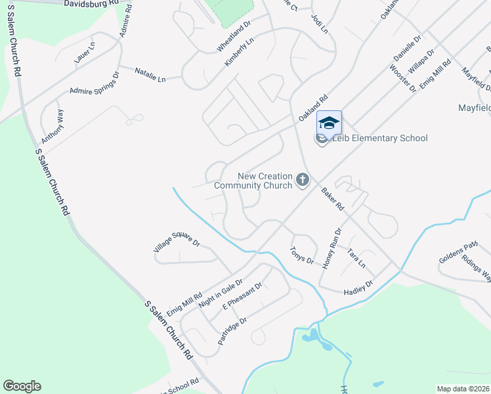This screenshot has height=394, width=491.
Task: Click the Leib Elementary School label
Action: click(379, 138)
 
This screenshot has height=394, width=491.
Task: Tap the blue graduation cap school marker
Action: click(329, 123)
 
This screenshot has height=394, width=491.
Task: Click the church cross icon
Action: click(303, 179)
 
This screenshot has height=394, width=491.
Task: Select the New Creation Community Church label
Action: click(264, 181)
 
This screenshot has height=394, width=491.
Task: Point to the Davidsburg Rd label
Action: click(92, 3)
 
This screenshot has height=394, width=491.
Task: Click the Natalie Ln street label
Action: click(150, 75)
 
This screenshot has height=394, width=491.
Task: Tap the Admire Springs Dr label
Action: click(95, 85)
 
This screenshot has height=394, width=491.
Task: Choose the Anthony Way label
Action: click(53, 127)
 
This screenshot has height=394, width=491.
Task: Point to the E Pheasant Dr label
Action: click(242, 296)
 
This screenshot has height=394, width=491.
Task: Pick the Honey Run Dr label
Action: click(333, 248)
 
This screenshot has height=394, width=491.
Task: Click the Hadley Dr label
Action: click(358, 287)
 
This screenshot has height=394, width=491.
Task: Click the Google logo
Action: click(22, 386)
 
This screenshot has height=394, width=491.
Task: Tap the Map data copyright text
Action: click(463, 389)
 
